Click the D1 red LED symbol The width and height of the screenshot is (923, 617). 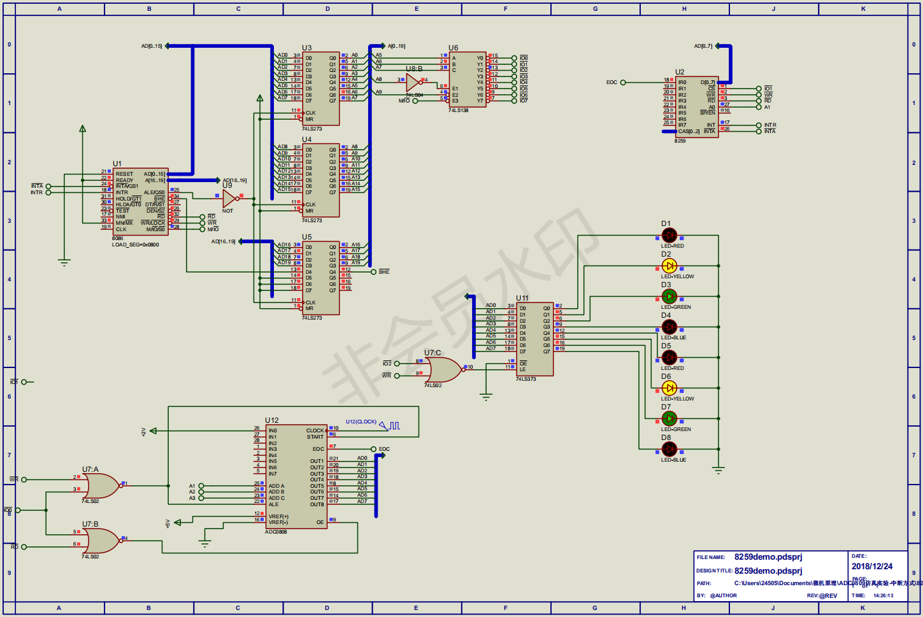[669, 236]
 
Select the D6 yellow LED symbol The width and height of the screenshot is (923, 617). [669, 388]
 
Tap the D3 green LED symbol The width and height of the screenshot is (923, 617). [669, 296]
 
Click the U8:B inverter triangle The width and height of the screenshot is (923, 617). [413, 82]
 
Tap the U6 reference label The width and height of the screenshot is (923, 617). [453, 48]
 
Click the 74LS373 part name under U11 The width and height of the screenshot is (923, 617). [526, 379]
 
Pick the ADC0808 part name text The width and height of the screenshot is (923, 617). [276, 532]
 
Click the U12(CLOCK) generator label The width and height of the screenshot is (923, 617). [361, 422]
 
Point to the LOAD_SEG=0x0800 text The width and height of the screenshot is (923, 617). [136, 245]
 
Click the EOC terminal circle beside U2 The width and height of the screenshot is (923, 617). [623, 82]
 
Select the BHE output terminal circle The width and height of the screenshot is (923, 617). [373, 272]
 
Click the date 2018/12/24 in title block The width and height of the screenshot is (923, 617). [872, 566]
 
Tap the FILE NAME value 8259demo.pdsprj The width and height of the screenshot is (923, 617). [768, 557]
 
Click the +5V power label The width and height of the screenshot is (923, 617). [168, 523]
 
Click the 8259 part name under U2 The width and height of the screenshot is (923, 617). [680, 141]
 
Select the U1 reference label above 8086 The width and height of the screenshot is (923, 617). [117, 164]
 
